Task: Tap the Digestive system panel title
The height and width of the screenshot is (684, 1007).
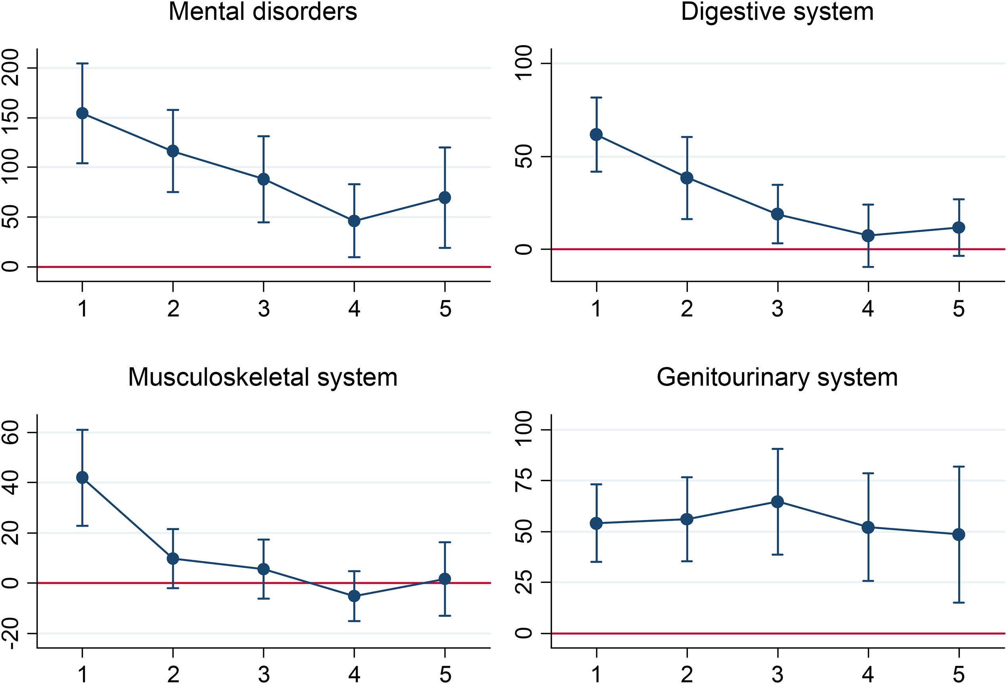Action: click(x=777, y=12)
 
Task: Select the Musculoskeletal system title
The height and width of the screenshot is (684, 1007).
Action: click(x=262, y=378)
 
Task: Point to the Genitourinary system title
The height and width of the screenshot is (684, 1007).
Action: click(x=777, y=378)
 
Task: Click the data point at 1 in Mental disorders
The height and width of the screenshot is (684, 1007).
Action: click(x=82, y=113)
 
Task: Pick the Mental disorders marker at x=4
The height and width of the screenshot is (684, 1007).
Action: click(x=354, y=221)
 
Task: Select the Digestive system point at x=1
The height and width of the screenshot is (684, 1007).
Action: click(x=597, y=135)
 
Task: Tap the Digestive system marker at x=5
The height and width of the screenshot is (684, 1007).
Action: click(x=959, y=227)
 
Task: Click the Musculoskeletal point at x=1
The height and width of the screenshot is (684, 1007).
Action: click(x=82, y=478)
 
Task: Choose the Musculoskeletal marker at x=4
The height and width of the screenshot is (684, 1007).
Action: click(x=354, y=596)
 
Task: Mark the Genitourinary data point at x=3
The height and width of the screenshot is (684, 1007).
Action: click(x=778, y=502)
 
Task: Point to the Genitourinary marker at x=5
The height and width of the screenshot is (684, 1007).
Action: click(x=959, y=535)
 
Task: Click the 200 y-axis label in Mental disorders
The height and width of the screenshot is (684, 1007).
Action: click(x=10, y=68)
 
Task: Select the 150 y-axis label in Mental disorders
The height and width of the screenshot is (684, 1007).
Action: click(x=10, y=117)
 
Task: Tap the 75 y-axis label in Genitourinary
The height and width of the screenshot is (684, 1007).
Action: click(x=523, y=480)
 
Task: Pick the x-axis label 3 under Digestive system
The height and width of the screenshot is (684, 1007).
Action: click(x=778, y=309)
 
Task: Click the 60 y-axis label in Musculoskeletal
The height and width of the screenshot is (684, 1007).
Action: click(x=10, y=432)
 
